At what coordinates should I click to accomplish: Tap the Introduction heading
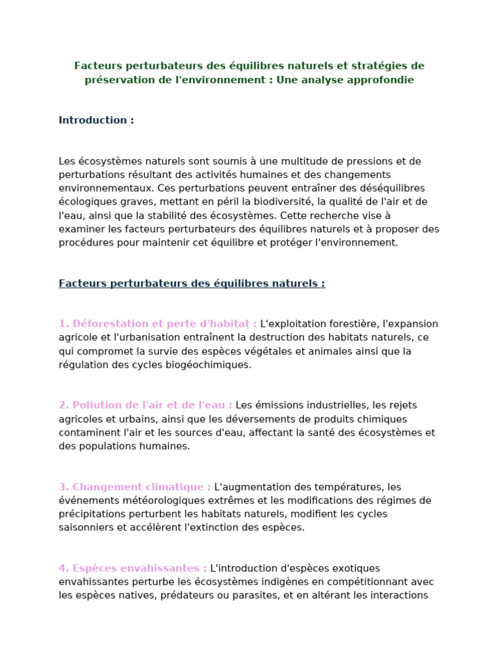(96, 120)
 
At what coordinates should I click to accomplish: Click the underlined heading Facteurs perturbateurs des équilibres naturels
(192, 284)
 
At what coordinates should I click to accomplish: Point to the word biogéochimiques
(209, 365)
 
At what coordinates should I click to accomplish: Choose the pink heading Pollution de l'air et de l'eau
(146, 405)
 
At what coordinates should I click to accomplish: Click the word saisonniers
(86, 527)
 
